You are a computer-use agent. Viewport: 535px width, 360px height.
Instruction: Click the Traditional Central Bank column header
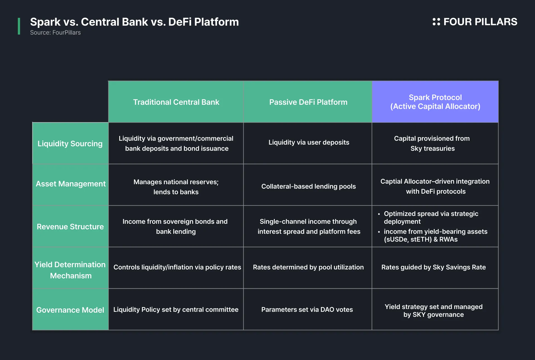[176, 102]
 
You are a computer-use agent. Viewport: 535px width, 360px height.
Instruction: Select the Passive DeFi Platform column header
[308, 102]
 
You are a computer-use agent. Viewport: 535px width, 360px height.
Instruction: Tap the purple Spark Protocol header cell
[435, 102]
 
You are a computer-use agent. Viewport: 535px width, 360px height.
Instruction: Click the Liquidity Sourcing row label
[70, 143]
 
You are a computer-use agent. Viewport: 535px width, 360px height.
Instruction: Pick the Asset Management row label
[70, 184]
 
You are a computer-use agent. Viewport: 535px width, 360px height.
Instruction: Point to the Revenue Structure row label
[70, 226]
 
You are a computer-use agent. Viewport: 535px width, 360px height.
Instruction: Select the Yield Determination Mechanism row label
[70, 268]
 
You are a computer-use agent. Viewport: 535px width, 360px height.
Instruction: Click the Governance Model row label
[70, 309]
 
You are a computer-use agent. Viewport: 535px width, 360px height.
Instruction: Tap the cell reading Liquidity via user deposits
[308, 143]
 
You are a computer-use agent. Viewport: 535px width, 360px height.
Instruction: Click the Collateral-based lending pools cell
[308, 184]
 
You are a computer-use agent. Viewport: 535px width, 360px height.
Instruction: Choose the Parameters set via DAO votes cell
[308, 309]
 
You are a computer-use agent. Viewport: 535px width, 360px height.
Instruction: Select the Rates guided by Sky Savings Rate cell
[435, 268]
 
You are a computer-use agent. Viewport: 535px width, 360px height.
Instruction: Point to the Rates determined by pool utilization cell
[308, 268]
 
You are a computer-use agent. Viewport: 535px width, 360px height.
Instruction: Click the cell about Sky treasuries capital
[435, 143]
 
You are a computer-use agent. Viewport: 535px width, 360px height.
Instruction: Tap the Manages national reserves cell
[176, 184]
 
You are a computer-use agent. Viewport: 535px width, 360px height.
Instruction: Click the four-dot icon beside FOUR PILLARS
[436, 22]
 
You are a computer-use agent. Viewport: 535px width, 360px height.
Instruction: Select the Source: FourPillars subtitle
[55, 33]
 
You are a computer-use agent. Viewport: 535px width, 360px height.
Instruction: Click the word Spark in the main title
[45, 22]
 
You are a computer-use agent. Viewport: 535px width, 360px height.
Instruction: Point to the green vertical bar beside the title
[19, 26]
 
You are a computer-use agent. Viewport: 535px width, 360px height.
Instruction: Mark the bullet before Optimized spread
[379, 214]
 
